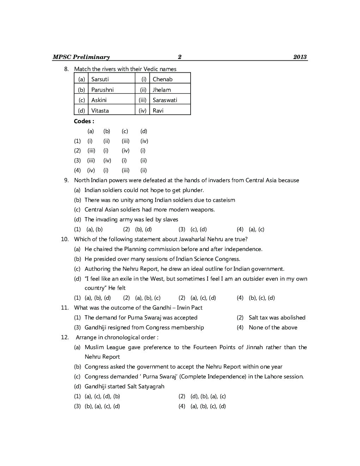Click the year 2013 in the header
pos(300,57)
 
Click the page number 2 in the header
pos(179,57)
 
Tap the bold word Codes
pos(84,121)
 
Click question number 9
pos(66,180)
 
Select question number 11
pos(64,307)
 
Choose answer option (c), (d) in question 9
pos(198,229)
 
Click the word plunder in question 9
pos(192,190)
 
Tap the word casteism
pos(223,200)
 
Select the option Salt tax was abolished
pos(277,317)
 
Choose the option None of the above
pos(273,327)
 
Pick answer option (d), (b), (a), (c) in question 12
pos(208,396)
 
